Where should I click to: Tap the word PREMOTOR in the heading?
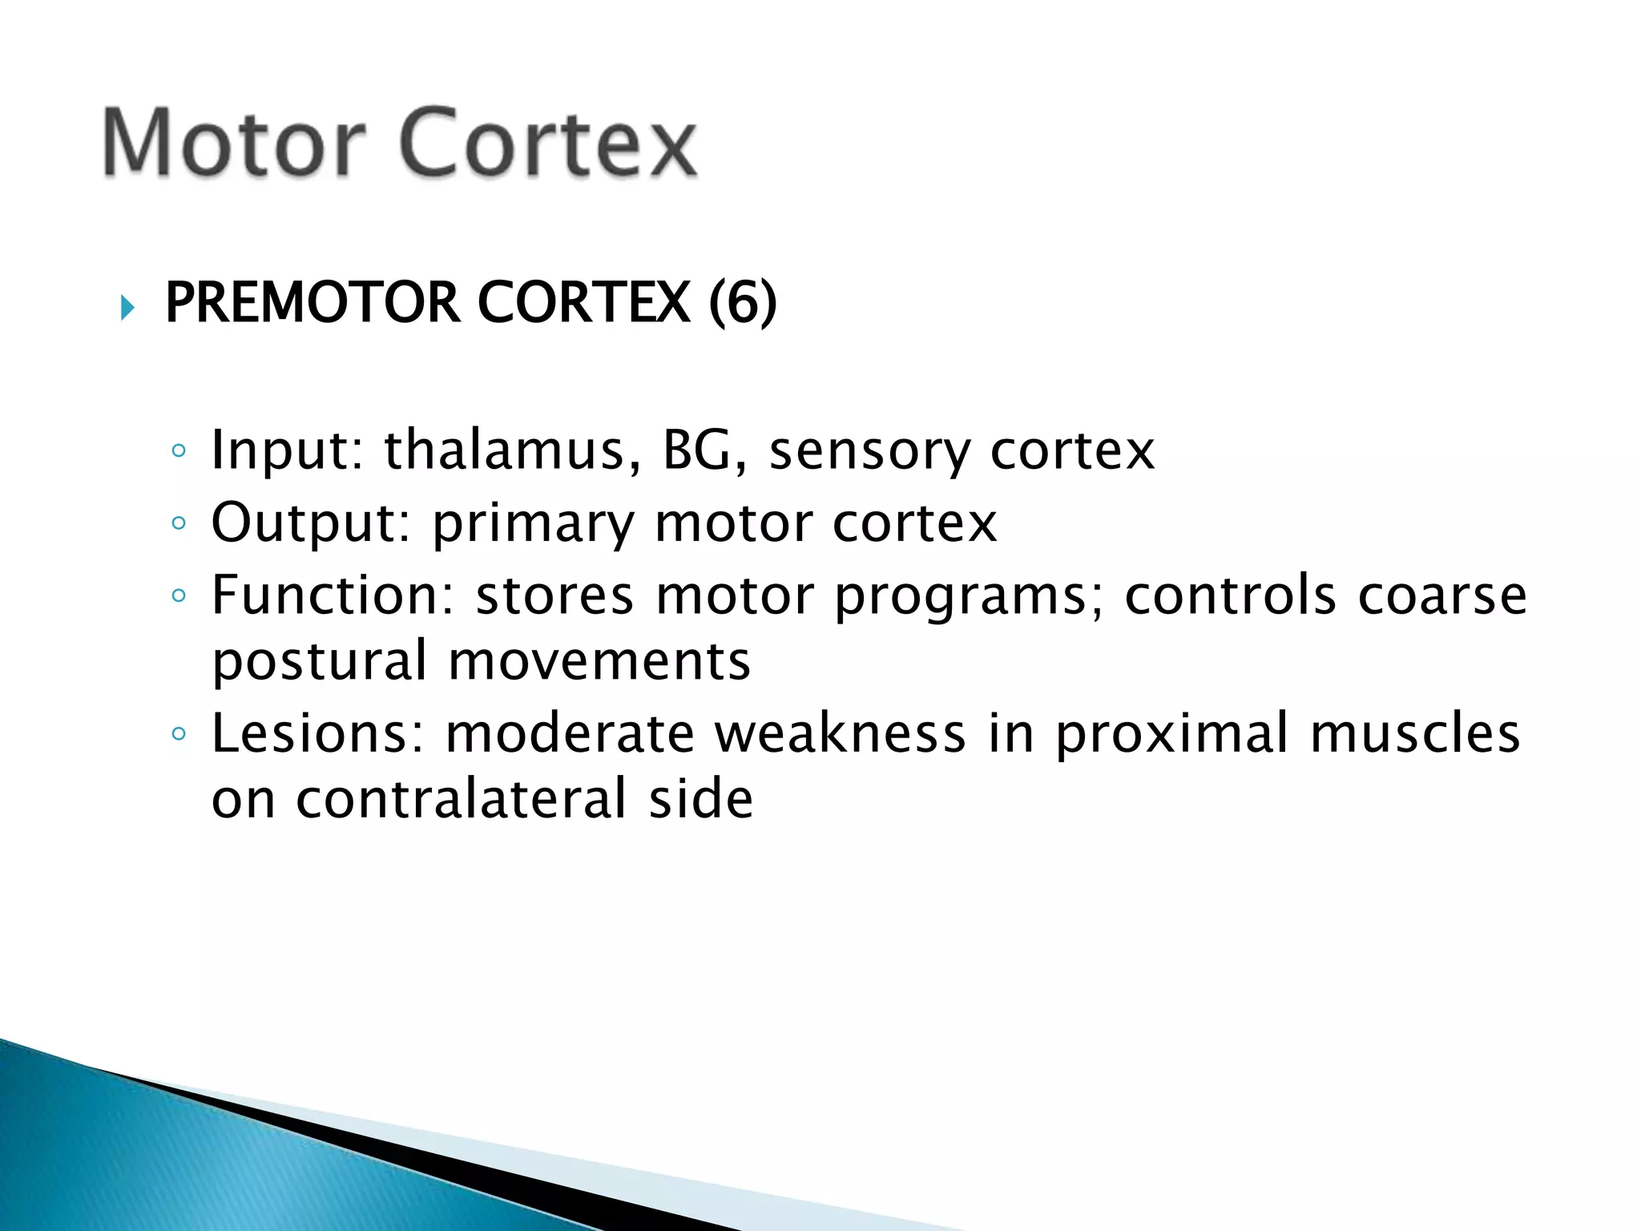(312, 303)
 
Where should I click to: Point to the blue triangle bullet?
(127, 308)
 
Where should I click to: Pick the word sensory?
(869, 452)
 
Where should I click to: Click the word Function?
(333, 595)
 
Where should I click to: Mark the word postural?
(320, 662)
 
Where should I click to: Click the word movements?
(599, 662)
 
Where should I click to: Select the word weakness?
(841, 733)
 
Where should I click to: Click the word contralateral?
(461, 799)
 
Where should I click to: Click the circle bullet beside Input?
(179, 451)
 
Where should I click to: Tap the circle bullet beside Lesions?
(179, 733)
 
